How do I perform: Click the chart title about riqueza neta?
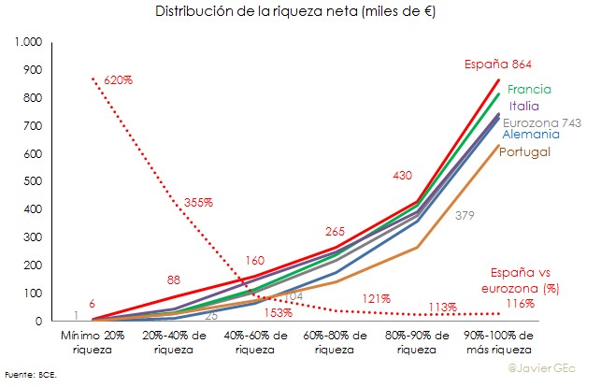pyautogui.click(x=300, y=12)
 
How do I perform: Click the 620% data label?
pyautogui.click(x=119, y=80)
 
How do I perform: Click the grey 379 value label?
pyautogui.click(x=465, y=216)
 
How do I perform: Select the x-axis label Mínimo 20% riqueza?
pyautogui.click(x=92, y=342)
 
